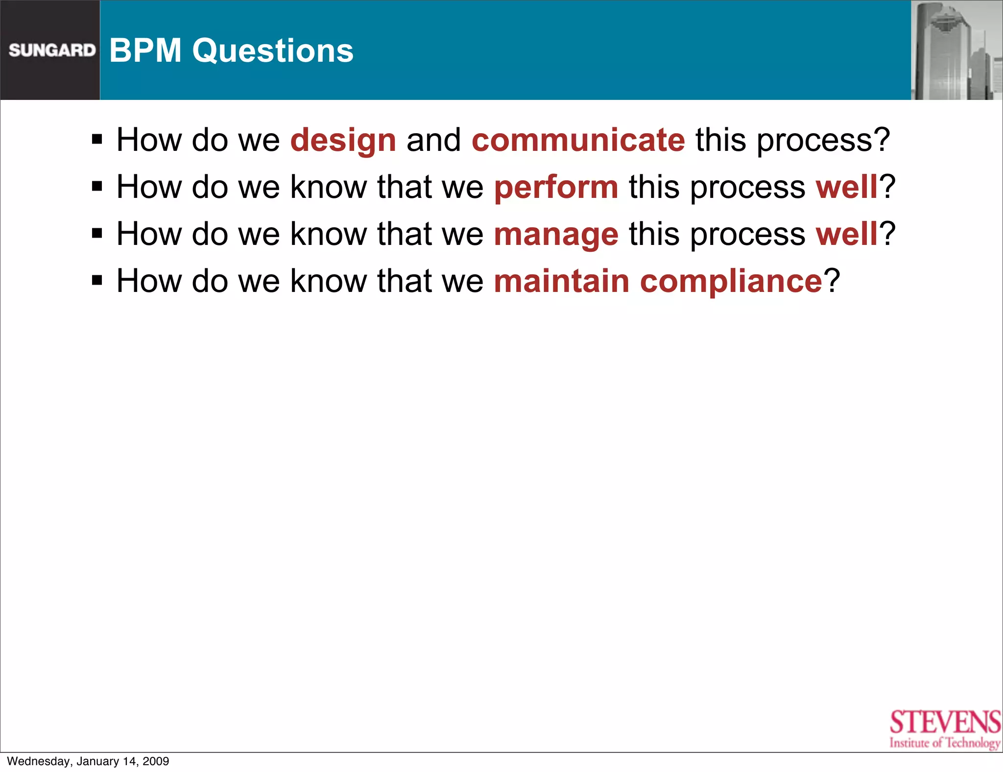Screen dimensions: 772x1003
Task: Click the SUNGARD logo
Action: (52, 50)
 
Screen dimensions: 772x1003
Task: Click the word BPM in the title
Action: (145, 50)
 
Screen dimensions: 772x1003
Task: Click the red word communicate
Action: (578, 140)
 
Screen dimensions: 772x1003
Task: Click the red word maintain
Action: (561, 281)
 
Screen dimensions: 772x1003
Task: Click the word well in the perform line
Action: (846, 187)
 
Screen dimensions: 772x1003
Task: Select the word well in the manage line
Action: (846, 234)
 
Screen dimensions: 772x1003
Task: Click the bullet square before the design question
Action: (97, 140)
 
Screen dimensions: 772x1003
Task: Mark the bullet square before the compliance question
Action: (97, 281)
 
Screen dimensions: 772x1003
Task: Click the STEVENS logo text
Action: (945, 722)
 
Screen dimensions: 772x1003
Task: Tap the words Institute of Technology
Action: (945, 743)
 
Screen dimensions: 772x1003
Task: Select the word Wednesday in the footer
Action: (39, 761)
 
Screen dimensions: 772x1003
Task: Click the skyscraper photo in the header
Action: (956, 50)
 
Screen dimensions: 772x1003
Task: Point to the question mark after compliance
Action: (832, 281)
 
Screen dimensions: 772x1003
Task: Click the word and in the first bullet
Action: (433, 140)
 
